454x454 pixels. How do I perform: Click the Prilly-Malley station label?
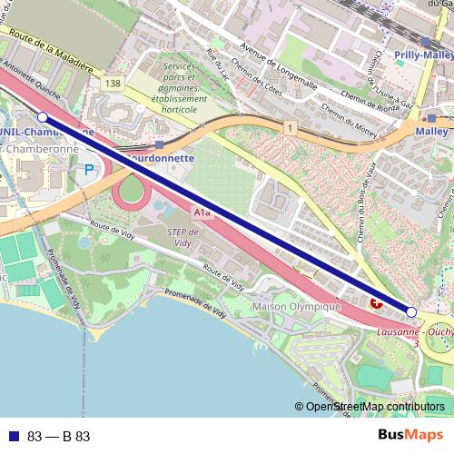click(x=424, y=55)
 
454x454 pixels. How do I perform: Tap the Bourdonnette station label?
click(x=160, y=156)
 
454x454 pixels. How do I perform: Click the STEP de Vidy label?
click(x=182, y=238)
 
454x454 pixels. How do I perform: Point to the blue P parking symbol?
click(x=89, y=169)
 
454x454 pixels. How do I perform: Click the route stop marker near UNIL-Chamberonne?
click(x=42, y=117)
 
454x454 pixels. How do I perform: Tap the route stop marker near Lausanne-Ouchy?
click(x=411, y=312)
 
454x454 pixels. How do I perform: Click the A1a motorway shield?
click(x=202, y=212)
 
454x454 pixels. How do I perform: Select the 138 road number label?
click(x=113, y=83)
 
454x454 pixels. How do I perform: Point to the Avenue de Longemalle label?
click(x=278, y=64)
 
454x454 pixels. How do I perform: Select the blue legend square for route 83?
click(x=11, y=436)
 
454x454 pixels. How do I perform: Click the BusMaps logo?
click(x=410, y=436)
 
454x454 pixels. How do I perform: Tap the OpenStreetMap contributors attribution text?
click(x=375, y=408)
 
